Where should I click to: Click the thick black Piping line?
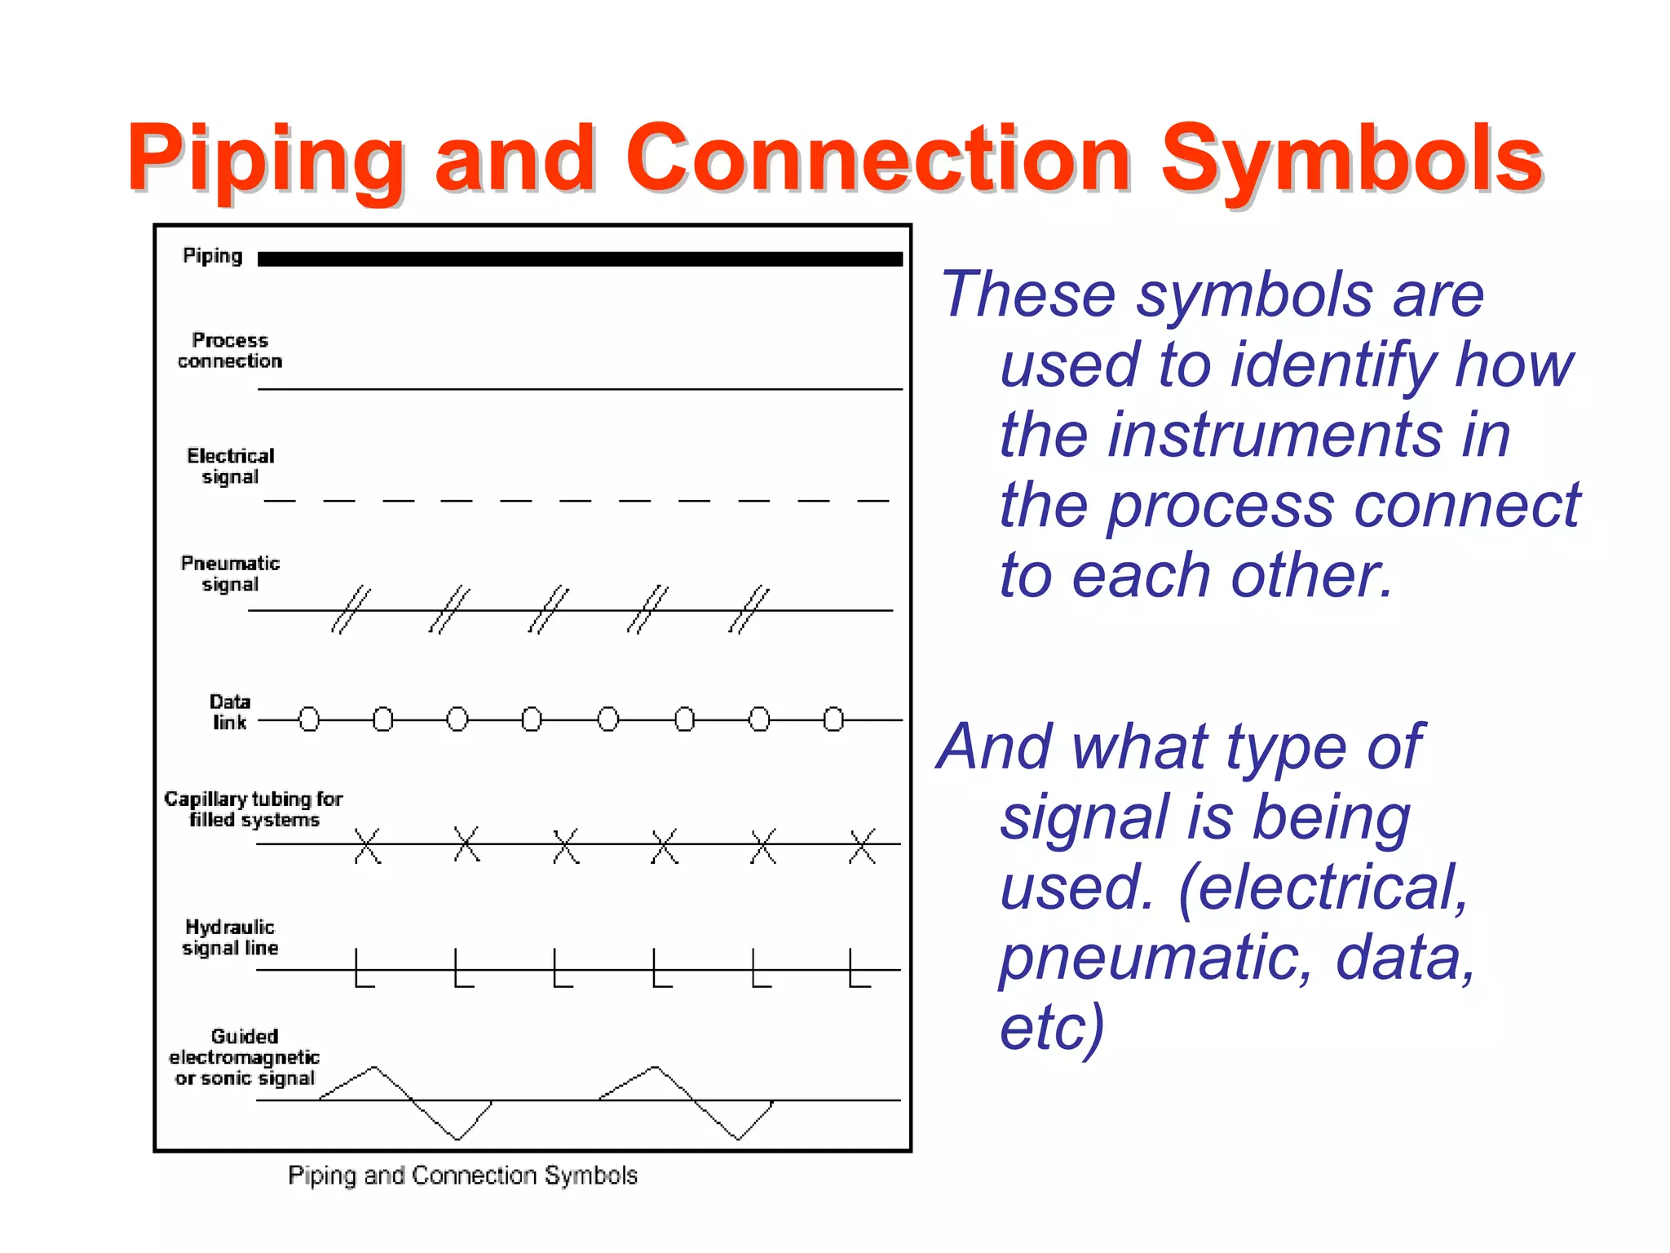(580, 259)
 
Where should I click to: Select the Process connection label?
(230, 350)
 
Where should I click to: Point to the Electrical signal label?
(230, 466)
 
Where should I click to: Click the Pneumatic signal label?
(230, 573)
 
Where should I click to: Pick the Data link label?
(230, 711)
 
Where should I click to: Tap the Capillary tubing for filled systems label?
(254, 808)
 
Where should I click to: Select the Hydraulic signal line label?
(230, 937)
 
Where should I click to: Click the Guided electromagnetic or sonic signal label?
(244, 1056)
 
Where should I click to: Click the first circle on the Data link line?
(309, 719)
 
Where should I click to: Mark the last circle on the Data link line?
(833, 719)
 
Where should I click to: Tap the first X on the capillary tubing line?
(368, 845)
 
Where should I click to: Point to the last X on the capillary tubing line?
(862, 845)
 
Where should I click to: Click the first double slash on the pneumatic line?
(351, 609)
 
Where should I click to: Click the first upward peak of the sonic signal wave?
(374, 1068)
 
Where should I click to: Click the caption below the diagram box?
(462, 1175)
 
